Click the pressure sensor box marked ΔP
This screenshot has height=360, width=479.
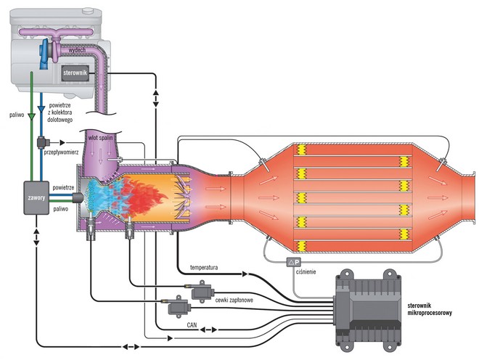point(293,261)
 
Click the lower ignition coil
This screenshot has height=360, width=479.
point(177,308)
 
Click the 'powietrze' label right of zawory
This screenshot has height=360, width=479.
point(64,187)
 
